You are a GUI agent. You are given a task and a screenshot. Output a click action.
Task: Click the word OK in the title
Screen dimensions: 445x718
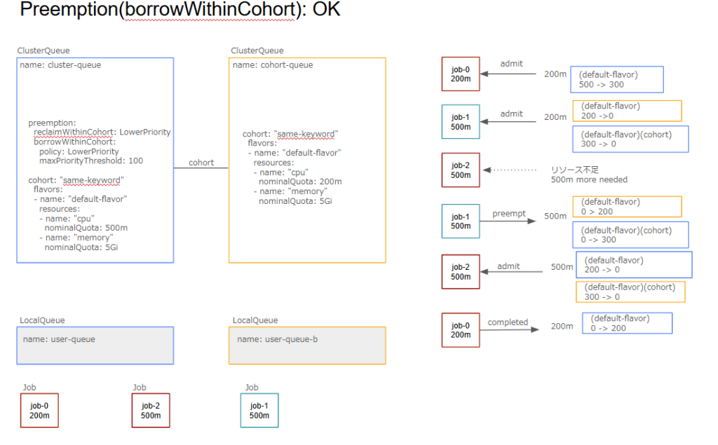point(324,11)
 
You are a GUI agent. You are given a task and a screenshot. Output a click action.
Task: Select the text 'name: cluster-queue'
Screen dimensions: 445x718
point(60,65)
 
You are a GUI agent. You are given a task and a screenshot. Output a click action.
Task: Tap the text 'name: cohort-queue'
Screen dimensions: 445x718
point(273,65)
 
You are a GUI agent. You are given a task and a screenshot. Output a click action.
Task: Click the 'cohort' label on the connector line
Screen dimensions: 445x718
point(201,163)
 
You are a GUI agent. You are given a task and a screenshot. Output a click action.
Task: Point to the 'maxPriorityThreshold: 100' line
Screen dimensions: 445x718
point(91,160)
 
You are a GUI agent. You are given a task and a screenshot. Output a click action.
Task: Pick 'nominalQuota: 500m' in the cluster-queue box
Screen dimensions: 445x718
point(86,228)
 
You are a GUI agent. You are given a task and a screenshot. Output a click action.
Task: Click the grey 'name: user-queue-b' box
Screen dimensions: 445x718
point(306,345)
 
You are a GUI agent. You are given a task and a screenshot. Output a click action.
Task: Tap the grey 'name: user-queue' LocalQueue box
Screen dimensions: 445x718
point(95,345)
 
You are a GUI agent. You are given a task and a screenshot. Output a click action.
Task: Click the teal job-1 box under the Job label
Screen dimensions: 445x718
point(259,410)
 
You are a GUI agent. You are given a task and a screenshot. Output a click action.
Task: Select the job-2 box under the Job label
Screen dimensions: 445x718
point(151,410)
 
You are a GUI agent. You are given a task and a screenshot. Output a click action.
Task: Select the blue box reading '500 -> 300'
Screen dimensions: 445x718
point(618,79)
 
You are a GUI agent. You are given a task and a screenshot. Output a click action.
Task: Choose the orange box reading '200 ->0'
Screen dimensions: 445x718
point(627,111)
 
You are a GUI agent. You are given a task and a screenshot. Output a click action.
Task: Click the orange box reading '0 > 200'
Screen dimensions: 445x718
point(627,206)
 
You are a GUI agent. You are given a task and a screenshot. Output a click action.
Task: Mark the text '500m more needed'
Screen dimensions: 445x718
point(589,180)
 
